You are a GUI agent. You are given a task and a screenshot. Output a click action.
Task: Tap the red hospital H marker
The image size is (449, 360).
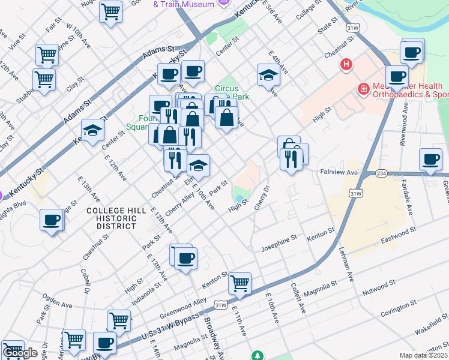tap(346, 64)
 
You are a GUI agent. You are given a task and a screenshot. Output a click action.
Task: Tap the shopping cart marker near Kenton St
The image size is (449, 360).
tap(240, 283)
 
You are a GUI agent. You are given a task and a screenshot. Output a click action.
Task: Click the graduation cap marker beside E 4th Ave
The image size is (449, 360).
tap(268, 74)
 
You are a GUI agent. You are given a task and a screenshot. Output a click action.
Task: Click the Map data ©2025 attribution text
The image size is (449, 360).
tap(424, 355)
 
